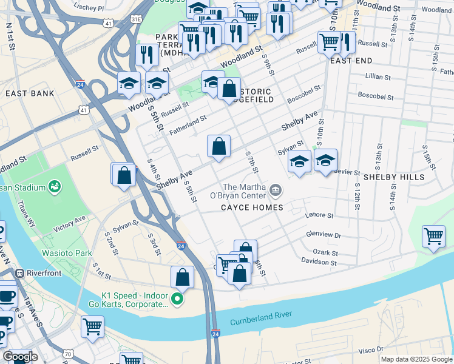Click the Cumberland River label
point(260,315)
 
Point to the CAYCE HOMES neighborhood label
point(252,207)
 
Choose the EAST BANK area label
point(30,93)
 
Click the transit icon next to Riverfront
point(19,273)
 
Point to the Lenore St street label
point(320,215)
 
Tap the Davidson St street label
point(319,262)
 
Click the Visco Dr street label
point(371,349)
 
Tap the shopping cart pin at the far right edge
point(433,236)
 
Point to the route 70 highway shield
point(68,354)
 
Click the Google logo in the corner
point(20,357)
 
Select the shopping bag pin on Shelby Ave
point(219,146)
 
